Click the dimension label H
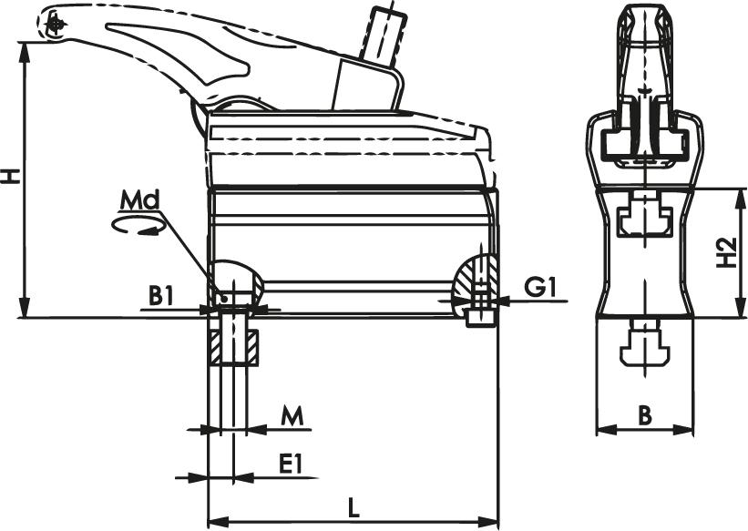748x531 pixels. tap(11, 175)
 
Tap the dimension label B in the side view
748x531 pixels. tap(644, 415)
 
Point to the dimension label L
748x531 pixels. tap(353, 507)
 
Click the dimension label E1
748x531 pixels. tap(290, 465)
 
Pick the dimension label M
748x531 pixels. tap(291, 416)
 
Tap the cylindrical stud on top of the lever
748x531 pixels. tap(381, 35)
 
